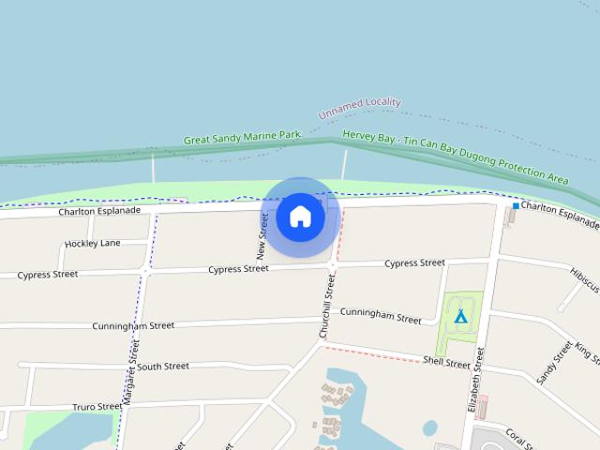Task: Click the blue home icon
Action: [300, 217]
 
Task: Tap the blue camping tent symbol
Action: [459, 316]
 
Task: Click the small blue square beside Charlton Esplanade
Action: [516, 205]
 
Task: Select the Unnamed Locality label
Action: [359, 109]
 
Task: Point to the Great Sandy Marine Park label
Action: [242, 138]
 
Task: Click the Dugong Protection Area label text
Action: [456, 157]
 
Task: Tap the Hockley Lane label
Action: [93, 244]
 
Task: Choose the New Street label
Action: [262, 236]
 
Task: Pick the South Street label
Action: [164, 366]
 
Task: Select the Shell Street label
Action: [446, 362]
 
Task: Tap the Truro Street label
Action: [97, 407]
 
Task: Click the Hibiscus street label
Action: [583, 274]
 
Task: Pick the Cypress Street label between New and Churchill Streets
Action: [238, 269]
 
